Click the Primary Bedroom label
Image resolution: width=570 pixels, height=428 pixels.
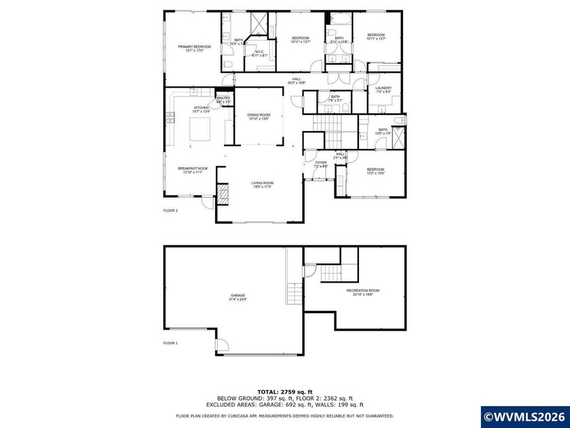pyautogui.click(x=194, y=48)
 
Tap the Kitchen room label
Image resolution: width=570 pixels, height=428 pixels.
pyautogui.click(x=202, y=108)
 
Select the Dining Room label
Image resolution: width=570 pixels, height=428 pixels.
pyautogui.click(x=259, y=117)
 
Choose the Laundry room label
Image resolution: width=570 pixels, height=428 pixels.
pyautogui.click(x=383, y=89)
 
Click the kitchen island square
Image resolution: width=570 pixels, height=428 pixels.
pyautogui.click(x=200, y=128)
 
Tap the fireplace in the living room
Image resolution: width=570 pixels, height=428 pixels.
pyautogui.click(x=225, y=194)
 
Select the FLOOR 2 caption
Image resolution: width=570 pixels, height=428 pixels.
pyautogui.click(x=170, y=211)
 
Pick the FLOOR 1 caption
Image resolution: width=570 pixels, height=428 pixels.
pyautogui.click(x=170, y=343)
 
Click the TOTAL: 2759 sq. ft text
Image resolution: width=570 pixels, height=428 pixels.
pyautogui.click(x=284, y=393)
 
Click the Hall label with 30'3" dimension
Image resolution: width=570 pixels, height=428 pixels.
pyautogui.click(x=297, y=81)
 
